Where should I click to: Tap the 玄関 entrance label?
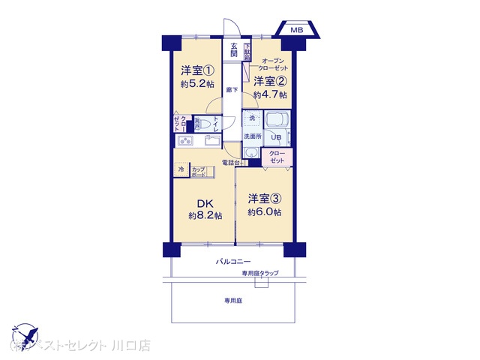tap(234, 50)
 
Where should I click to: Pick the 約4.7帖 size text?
tap(269, 94)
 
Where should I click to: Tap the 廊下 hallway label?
tap(232, 91)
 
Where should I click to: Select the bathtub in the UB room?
tap(277, 121)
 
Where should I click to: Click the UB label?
tap(276, 136)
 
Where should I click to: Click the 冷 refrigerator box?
tap(181, 169)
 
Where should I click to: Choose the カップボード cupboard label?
tap(199, 172)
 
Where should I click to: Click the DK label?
tap(205, 202)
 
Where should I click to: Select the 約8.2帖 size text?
tap(205, 215)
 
